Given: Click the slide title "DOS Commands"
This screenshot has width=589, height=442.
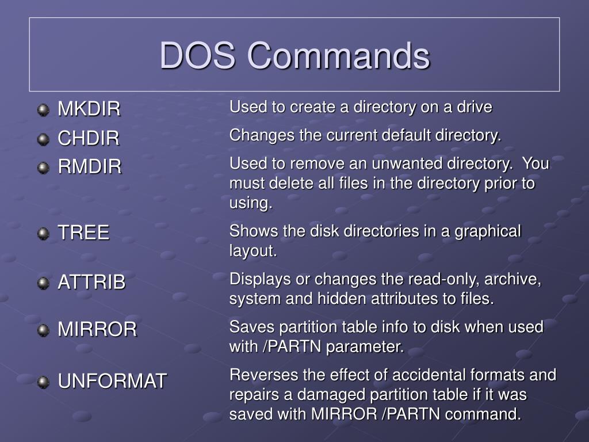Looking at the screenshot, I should pyautogui.click(x=294, y=56).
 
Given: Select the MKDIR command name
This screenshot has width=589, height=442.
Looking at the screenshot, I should pyautogui.click(x=89, y=109).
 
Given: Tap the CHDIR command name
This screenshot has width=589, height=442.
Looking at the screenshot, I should pyautogui.click(x=89, y=138).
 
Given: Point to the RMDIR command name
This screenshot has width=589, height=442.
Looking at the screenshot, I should pyautogui.click(x=90, y=167).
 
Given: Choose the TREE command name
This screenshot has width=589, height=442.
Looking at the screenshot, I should pyautogui.click(x=83, y=233).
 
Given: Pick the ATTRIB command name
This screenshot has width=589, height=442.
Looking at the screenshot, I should pyautogui.click(x=91, y=282).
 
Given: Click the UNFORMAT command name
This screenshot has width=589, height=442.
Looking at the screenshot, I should pyautogui.click(x=112, y=380).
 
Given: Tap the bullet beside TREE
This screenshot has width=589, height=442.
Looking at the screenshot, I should pyautogui.click(x=43, y=233).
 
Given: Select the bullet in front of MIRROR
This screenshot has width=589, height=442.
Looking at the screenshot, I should pyautogui.click(x=43, y=330).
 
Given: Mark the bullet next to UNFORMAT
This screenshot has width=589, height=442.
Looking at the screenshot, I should pyautogui.click(x=43, y=381).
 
